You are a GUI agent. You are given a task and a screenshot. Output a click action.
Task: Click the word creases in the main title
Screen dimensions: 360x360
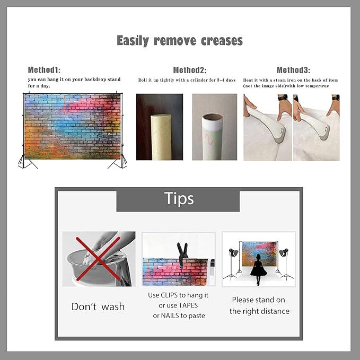point(222,41)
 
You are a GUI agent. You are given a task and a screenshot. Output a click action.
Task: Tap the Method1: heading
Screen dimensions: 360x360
point(44,69)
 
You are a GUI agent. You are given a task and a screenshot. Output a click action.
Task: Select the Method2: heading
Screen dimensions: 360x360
point(190,70)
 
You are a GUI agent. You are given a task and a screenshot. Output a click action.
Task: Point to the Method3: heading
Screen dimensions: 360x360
point(293,70)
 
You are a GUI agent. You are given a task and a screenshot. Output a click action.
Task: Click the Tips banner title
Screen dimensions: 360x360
point(179,198)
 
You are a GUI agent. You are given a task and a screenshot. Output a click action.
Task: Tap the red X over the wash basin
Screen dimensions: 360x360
point(98,259)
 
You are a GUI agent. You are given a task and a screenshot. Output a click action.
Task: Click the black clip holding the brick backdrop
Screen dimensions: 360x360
point(182,252)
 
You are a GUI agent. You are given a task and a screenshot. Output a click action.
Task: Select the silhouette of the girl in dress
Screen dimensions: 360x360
point(258,270)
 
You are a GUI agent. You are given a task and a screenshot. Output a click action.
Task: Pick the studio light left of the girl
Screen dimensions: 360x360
point(232,264)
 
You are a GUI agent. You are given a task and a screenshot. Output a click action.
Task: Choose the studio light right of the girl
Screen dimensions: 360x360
point(285,264)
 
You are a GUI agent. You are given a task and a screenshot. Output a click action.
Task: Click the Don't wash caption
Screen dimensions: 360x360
point(98,307)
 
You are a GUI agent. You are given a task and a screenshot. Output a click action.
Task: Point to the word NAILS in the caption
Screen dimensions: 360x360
point(170,315)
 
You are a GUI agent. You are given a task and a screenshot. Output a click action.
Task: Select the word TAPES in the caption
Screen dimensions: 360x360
point(188,305)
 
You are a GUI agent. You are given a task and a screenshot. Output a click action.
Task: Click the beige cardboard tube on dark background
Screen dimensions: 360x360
point(161,137)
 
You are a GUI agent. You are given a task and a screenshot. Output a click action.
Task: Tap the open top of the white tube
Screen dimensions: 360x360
point(213,117)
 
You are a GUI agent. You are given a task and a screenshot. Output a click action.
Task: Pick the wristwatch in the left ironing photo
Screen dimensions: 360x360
point(283,98)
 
